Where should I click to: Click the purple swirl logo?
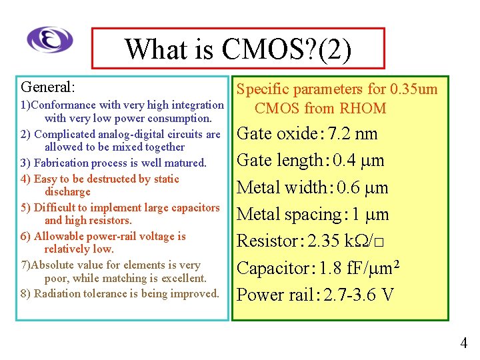coord(50,39)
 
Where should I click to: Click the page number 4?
coord(464,343)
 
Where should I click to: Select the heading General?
coord(48,87)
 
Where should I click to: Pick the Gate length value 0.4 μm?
coord(359,161)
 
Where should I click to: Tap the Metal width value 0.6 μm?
coord(363,187)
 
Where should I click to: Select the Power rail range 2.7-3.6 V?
coord(358,295)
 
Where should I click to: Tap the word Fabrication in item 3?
coord(63,163)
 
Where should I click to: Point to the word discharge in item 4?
coord(67,191)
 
